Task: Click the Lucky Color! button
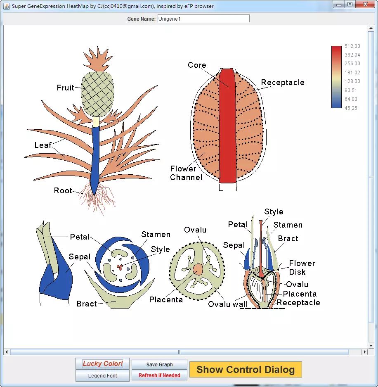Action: [x=102, y=364]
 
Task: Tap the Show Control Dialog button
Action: [x=246, y=370]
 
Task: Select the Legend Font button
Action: [x=102, y=376]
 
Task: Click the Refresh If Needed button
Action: [x=159, y=375]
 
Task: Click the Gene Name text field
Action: [x=203, y=19]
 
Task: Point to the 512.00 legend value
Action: [x=352, y=46]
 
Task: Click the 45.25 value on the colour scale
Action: [x=351, y=108]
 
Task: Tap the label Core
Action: [x=197, y=65]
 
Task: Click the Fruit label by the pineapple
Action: [x=65, y=88]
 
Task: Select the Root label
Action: [x=63, y=191]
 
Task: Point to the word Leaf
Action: [x=43, y=145]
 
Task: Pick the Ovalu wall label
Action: [x=228, y=304]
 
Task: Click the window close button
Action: [x=364, y=5]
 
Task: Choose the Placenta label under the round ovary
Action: [x=166, y=300]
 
